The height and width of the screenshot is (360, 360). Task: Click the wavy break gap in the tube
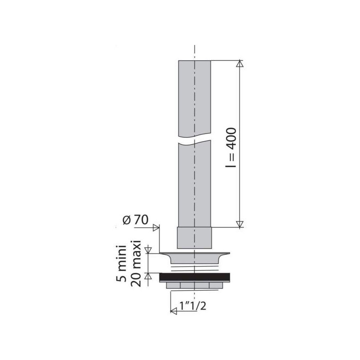tap(194, 141)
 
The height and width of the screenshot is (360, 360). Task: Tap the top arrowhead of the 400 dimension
tap(240, 64)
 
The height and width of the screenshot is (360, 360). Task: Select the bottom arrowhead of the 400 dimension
tap(240, 224)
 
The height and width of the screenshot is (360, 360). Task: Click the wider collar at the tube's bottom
tap(194, 237)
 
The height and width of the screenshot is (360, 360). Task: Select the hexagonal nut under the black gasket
tap(194, 286)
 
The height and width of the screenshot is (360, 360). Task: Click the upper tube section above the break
tap(194, 99)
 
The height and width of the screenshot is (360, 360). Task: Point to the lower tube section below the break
tap(194, 184)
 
